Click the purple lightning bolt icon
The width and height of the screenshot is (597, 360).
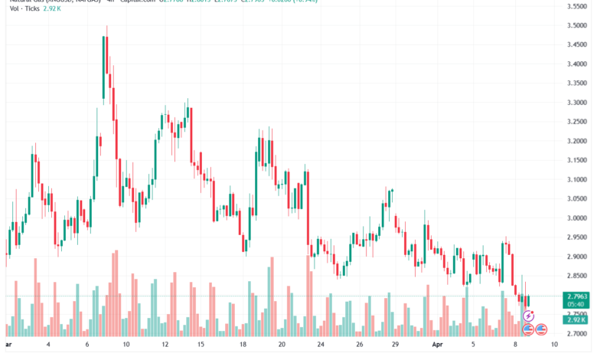tap(528, 316)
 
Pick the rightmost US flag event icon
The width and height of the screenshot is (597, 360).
tap(541, 329)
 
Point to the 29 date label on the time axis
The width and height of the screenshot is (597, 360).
tap(395, 345)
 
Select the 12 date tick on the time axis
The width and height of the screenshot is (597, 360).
tap(165, 345)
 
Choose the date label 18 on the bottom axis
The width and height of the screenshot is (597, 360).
tap(243, 345)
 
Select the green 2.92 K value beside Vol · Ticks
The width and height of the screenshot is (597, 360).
tap(51, 8)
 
